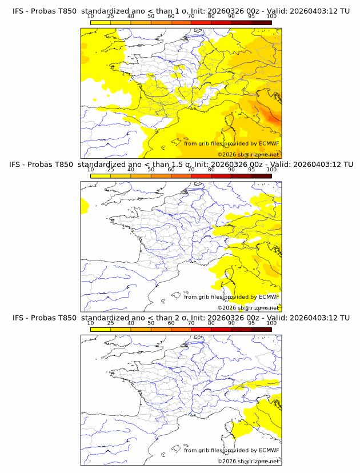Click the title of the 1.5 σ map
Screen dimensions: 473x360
pos(181,165)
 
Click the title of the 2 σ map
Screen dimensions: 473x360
pos(181,318)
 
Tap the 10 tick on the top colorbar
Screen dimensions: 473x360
pos(90,17)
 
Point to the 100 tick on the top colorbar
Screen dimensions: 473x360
pos(271,17)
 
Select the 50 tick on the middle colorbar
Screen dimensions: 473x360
pos(151,170)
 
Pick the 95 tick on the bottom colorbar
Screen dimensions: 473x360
pos(251,323)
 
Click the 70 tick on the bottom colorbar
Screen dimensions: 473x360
pos(191,323)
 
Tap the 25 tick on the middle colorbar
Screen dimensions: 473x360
pos(110,170)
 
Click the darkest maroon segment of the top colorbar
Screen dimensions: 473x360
pos(261,22)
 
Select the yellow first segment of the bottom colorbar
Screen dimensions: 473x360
pos(100,328)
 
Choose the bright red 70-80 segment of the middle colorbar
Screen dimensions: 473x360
pos(201,175)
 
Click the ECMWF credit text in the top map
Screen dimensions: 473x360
pos(231,143)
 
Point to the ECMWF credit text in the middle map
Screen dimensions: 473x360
pos(231,296)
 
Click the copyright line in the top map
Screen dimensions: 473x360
pos(248,155)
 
